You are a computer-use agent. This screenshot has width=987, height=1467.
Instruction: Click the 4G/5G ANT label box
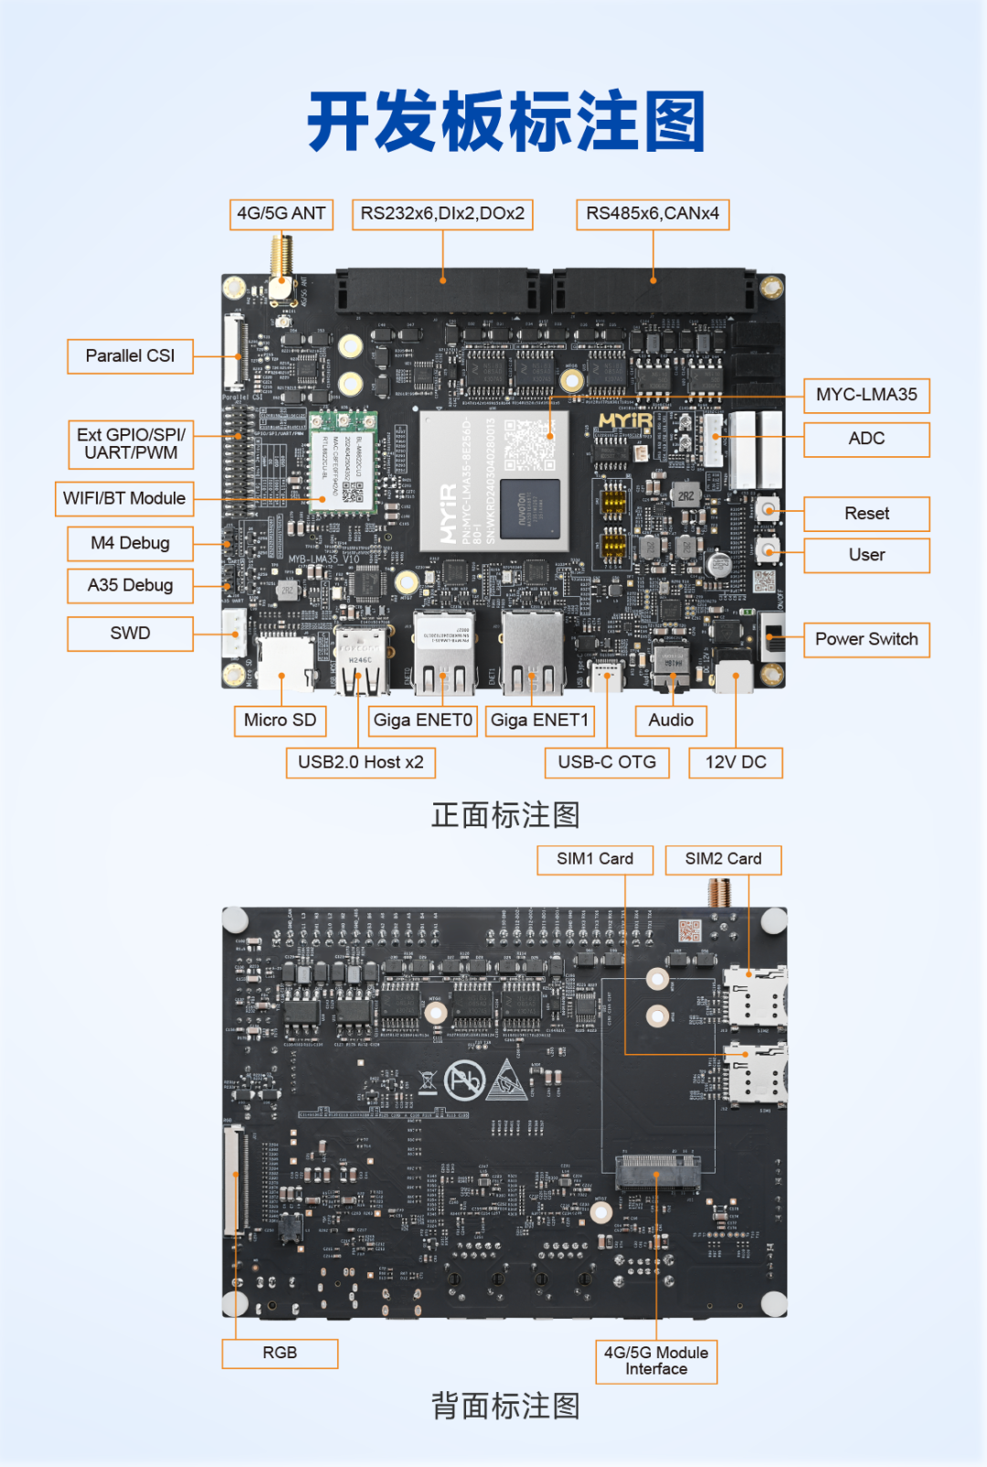pyautogui.click(x=281, y=214)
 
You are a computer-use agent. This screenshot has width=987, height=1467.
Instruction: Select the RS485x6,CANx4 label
pyautogui.click(x=653, y=214)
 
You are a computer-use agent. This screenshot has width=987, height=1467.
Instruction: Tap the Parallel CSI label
pyautogui.click(x=130, y=356)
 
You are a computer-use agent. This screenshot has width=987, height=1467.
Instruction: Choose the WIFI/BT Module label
pyautogui.click(x=124, y=499)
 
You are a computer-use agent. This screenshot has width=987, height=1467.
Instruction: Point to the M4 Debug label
pyautogui.click(x=130, y=544)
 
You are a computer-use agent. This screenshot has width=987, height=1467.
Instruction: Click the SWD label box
pyautogui.click(x=130, y=633)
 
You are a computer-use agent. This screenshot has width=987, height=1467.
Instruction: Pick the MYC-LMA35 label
pyautogui.click(x=866, y=395)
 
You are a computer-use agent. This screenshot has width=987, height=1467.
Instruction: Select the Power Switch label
pyautogui.click(x=866, y=640)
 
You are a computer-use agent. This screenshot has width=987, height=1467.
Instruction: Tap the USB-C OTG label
pyautogui.click(x=607, y=762)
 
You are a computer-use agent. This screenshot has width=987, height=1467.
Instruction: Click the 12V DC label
pyautogui.click(x=736, y=762)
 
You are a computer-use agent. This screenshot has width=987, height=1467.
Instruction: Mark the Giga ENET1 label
pyautogui.click(x=539, y=720)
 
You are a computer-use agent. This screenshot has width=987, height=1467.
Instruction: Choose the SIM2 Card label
pyautogui.click(x=723, y=859)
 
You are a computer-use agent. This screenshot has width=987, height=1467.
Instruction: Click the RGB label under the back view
pyautogui.click(x=280, y=1353)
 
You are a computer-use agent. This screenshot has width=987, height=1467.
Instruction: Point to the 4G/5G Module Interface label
pyautogui.click(x=656, y=1361)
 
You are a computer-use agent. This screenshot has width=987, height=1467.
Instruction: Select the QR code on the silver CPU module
pyautogui.click(x=529, y=445)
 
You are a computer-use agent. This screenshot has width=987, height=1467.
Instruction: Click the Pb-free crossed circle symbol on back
pyautogui.click(x=464, y=1081)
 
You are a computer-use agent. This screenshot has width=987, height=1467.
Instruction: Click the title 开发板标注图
pyautogui.click(x=506, y=122)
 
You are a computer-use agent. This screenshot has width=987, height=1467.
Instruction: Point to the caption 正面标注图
pyautogui.click(x=505, y=815)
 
